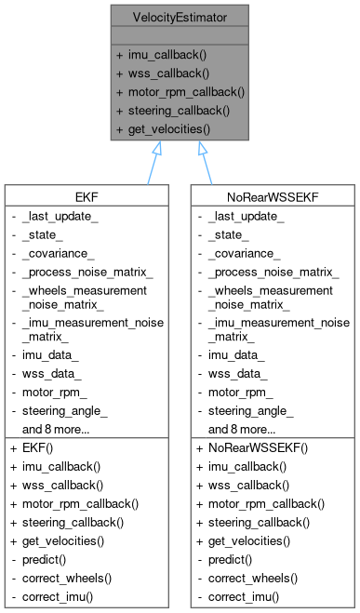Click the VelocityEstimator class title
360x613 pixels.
click(180, 15)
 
